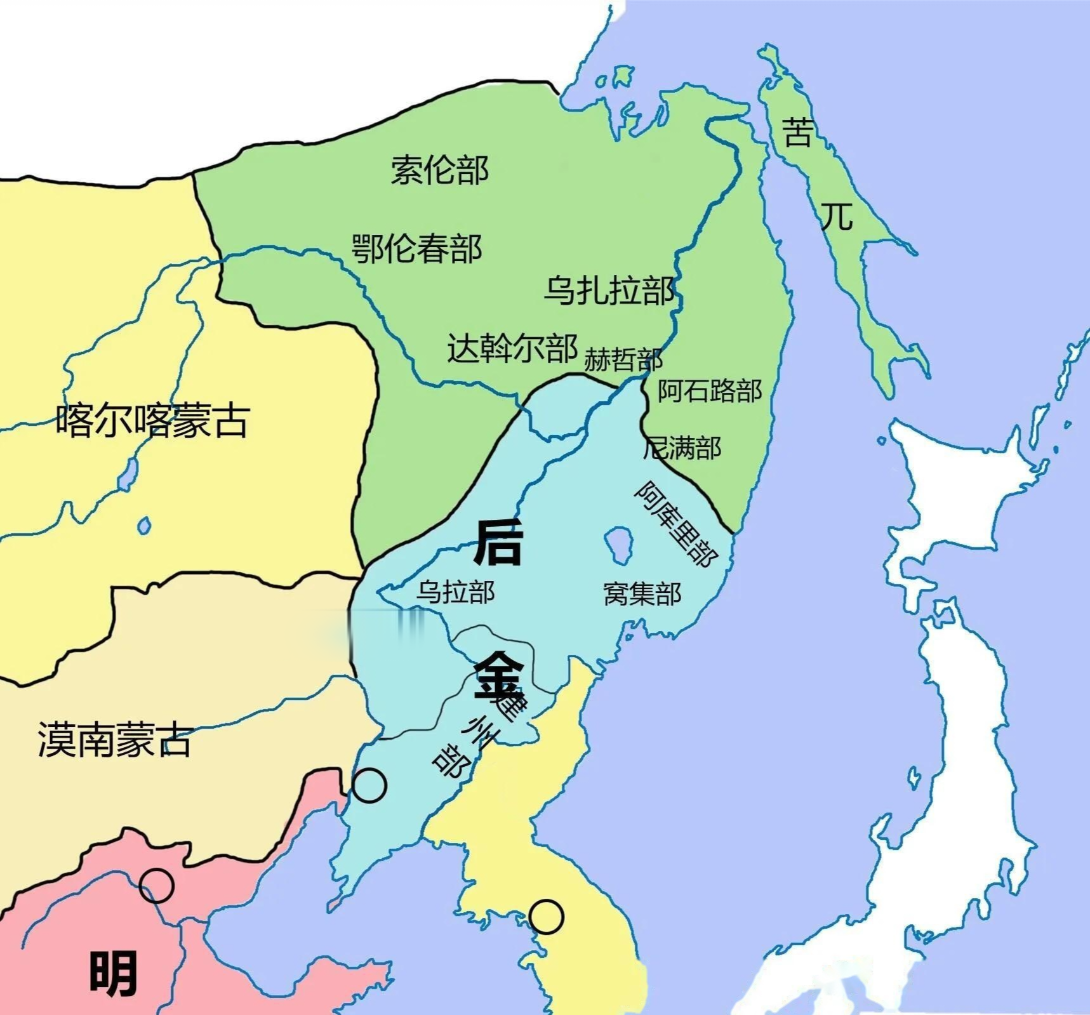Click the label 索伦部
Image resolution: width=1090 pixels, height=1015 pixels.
tap(439, 170)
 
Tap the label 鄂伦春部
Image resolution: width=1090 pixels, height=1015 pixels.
tap(417, 248)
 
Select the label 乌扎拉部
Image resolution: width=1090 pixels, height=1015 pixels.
tap(609, 291)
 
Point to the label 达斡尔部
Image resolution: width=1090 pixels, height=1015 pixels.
tap(512, 348)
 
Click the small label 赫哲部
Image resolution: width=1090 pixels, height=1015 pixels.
tap(623, 359)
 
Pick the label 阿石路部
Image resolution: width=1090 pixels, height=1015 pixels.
tap(709, 390)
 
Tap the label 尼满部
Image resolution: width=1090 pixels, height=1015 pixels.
tap(682, 448)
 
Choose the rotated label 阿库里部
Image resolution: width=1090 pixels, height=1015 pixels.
tap(677, 524)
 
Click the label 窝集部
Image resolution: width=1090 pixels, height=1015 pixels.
tap(642, 594)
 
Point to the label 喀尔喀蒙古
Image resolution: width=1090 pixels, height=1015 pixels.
tap(152, 420)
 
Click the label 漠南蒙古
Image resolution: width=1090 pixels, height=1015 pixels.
tap(114, 740)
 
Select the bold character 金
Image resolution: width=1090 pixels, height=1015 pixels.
tap(499, 677)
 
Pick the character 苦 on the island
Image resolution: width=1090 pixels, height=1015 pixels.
tap(797, 131)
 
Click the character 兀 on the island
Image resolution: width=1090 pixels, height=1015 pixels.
tap(837, 216)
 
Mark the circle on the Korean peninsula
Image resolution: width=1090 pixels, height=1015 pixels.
tap(546, 916)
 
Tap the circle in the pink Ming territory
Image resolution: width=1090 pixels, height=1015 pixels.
tap(156, 886)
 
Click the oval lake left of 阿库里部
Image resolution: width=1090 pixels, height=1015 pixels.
tap(618, 544)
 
